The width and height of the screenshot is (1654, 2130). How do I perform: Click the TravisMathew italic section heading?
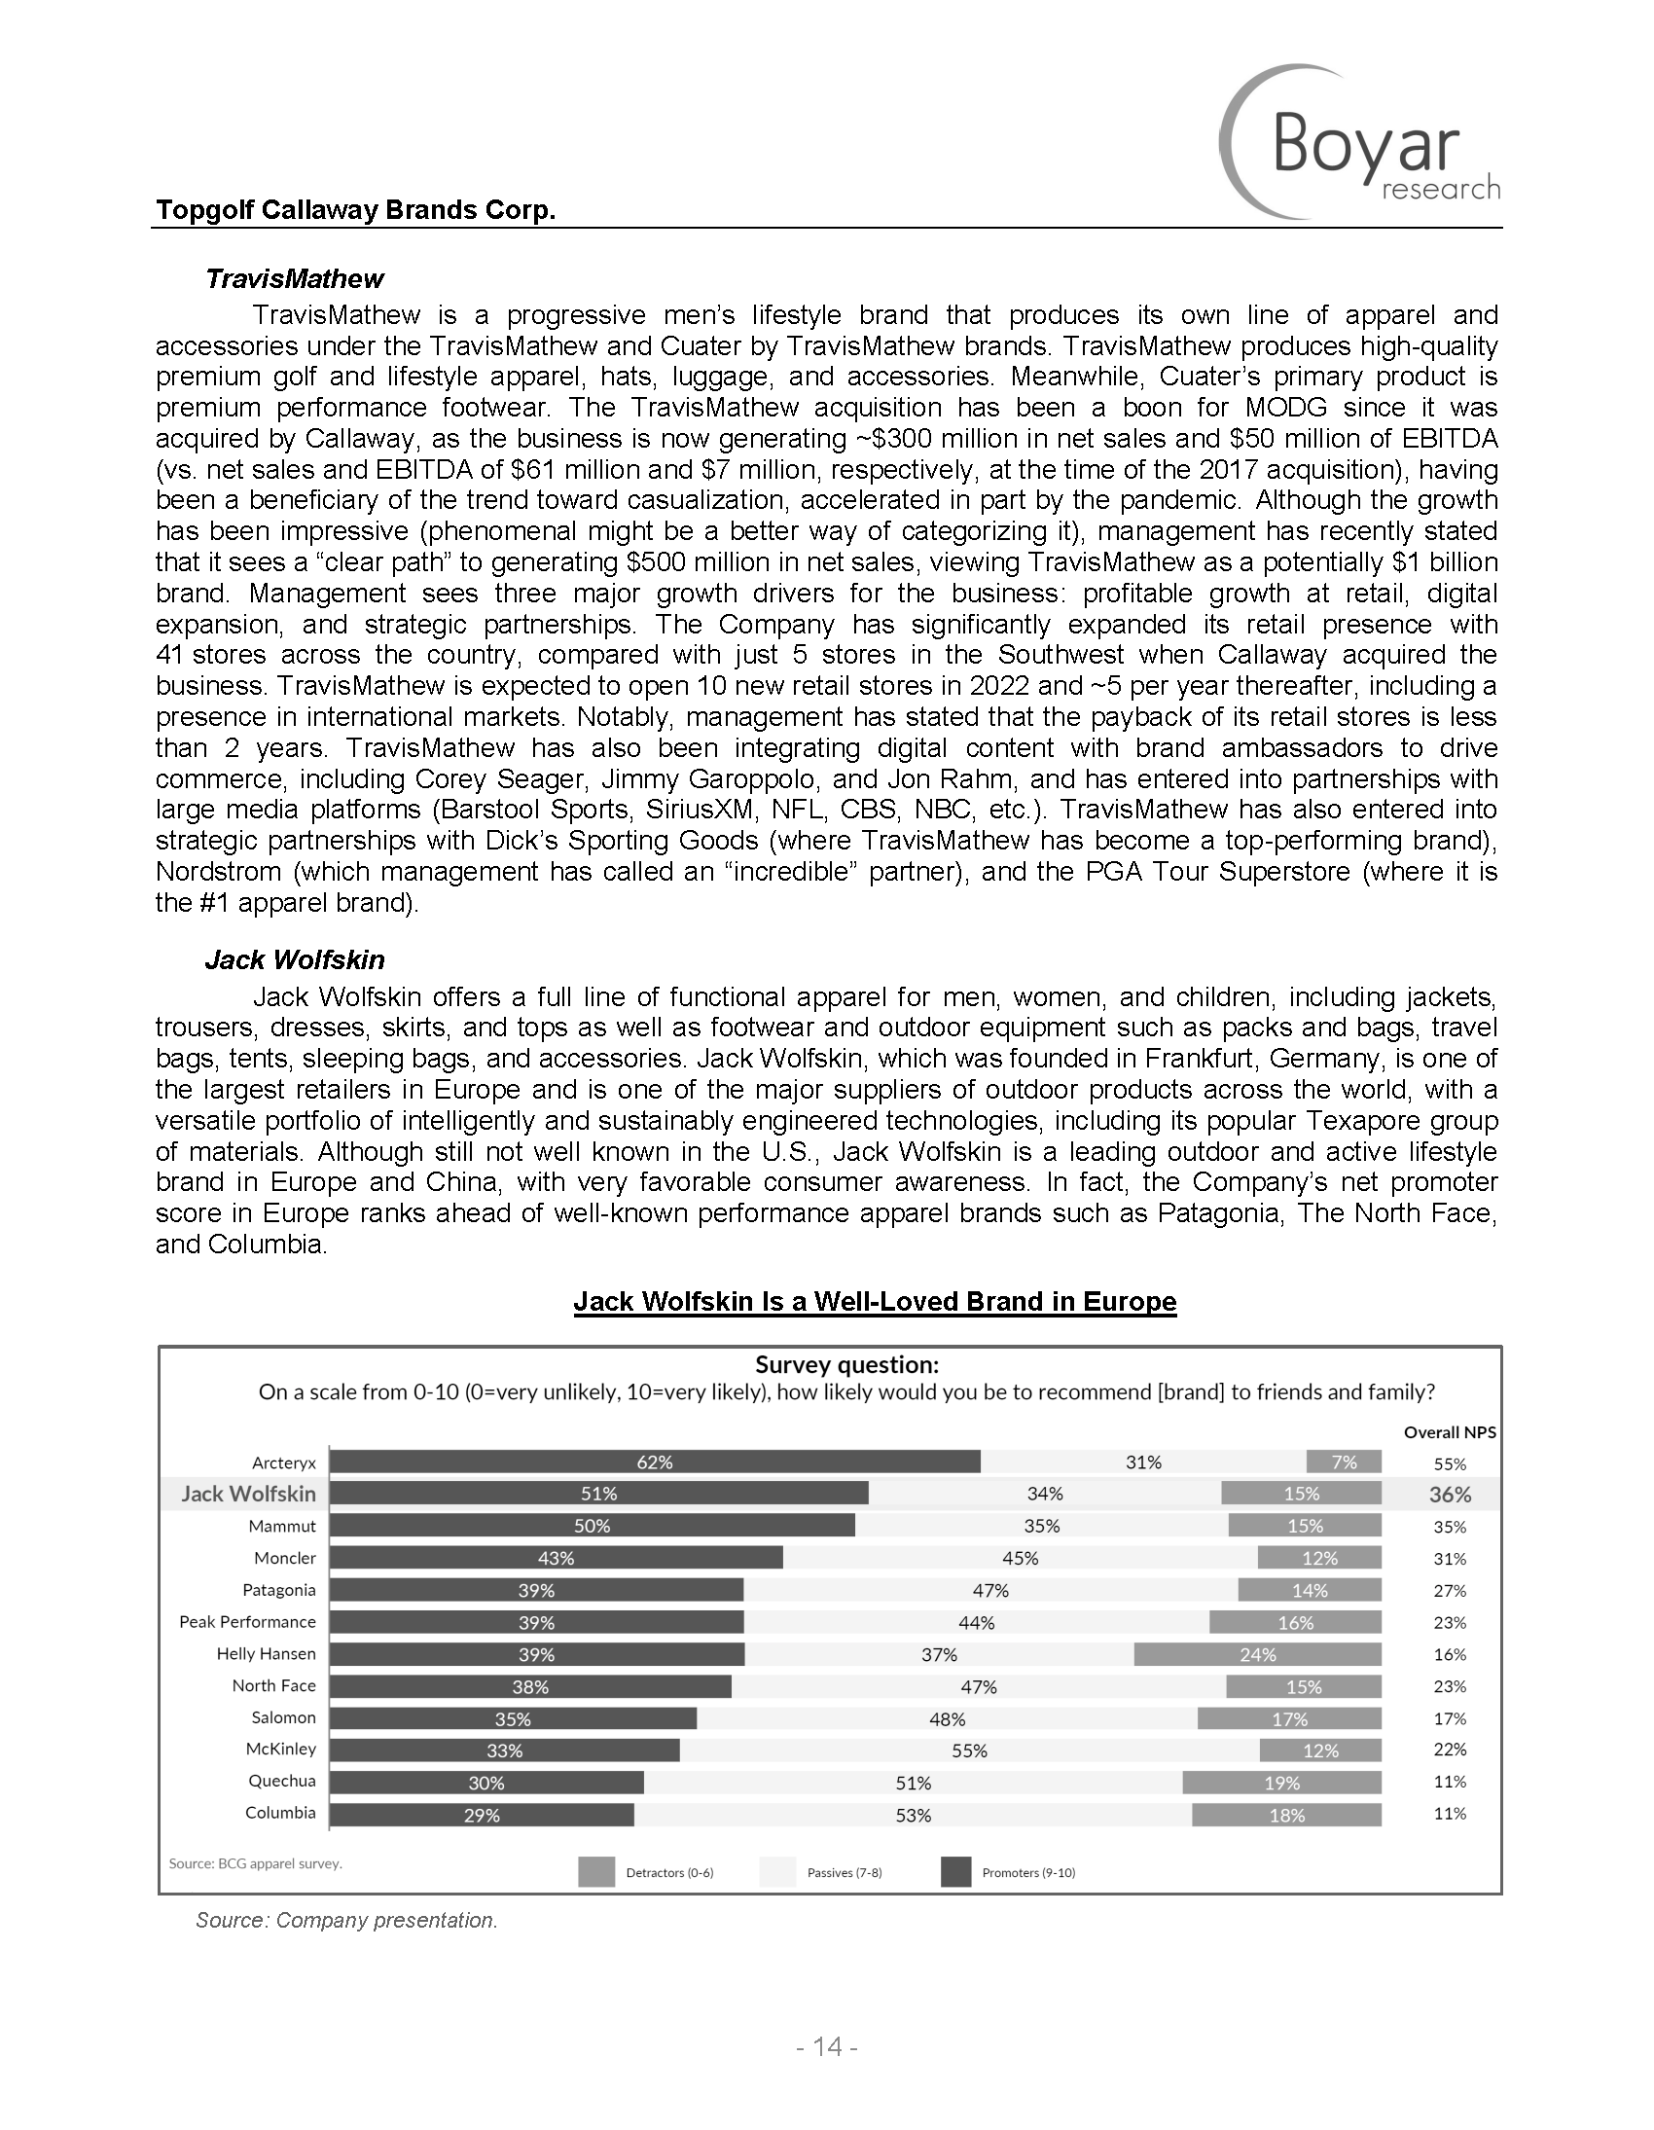click(x=295, y=279)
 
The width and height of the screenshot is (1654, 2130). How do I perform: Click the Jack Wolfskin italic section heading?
click(x=295, y=960)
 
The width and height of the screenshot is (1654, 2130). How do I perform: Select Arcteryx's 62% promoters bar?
click(x=655, y=1462)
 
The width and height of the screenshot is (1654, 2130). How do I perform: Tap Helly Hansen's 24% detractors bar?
click(x=1257, y=1655)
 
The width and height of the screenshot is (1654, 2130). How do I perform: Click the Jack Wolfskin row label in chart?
click(x=248, y=1495)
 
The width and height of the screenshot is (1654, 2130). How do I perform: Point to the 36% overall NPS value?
click(x=1451, y=1496)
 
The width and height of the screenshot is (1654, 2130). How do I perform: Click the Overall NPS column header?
click(x=1450, y=1432)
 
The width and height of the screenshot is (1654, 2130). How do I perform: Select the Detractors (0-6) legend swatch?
click(x=595, y=1872)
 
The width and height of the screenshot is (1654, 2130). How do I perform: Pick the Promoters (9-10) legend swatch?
click(x=955, y=1872)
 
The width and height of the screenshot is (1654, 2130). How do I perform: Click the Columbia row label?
click(x=281, y=1813)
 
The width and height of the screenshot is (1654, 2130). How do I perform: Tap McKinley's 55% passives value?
click(x=969, y=1751)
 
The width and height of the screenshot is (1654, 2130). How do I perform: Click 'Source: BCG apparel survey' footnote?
click(x=256, y=1863)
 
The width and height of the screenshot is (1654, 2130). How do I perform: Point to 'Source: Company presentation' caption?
click(x=346, y=1921)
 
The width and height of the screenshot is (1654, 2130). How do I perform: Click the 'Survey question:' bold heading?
click(x=846, y=1364)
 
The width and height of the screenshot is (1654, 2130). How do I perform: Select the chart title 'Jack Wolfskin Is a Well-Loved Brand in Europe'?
click(x=875, y=1302)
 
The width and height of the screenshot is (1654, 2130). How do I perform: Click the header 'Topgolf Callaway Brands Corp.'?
click(x=356, y=210)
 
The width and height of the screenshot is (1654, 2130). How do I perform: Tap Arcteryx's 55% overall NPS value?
click(x=1451, y=1463)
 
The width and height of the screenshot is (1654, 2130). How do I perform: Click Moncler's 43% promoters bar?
click(x=556, y=1559)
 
